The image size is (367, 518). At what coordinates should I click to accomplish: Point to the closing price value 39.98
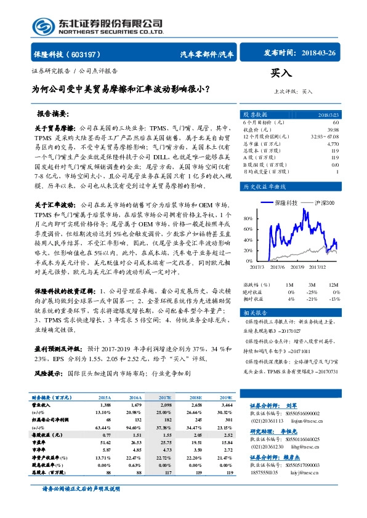pos(333,130)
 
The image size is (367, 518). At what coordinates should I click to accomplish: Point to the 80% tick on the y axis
pos(248,218)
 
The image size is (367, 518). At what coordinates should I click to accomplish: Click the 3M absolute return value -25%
pos(312,292)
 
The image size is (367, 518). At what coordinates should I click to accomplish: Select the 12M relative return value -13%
pos(334,299)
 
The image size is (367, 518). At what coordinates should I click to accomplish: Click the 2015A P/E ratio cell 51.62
pos(104,442)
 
